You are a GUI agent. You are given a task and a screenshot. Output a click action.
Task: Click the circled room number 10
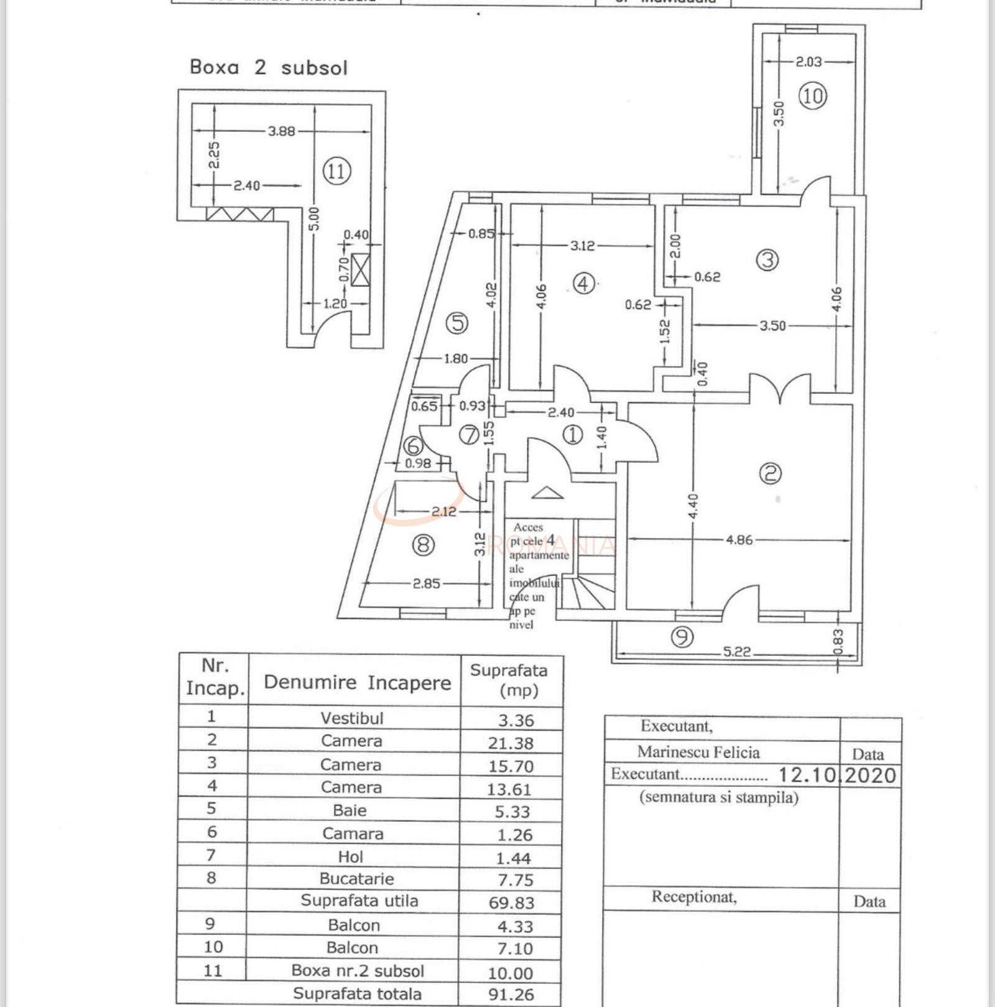(x=812, y=96)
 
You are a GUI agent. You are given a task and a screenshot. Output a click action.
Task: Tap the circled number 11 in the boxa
(x=336, y=170)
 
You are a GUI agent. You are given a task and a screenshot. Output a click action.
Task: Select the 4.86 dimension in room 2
(x=739, y=540)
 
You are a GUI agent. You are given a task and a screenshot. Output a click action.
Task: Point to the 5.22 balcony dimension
(x=736, y=652)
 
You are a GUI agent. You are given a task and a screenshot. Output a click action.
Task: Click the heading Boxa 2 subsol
(x=268, y=67)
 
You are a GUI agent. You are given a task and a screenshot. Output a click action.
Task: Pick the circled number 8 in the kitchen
(x=423, y=545)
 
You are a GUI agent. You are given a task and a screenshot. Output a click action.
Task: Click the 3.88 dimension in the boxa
(x=281, y=131)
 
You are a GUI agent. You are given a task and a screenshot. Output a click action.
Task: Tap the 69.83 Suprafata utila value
(x=511, y=903)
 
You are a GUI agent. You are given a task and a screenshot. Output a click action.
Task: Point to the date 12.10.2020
(x=837, y=775)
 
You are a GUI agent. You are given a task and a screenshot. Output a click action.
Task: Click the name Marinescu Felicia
(x=698, y=753)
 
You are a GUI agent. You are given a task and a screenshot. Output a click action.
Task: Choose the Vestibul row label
(x=352, y=718)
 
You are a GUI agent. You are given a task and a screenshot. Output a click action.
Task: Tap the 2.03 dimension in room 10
(x=808, y=62)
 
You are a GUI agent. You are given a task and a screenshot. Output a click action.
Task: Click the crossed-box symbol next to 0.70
(x=360, y=270)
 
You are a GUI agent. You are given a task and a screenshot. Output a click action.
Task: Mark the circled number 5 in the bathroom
(x=457, y=323)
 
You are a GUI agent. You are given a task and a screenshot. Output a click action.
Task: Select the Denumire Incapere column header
(x=357, y=682)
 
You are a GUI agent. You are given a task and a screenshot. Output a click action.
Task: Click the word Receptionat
(x=694, y=897)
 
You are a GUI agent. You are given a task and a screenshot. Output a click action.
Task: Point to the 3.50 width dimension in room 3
(x=772, y=325)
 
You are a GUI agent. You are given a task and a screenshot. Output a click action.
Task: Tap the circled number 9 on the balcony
(x=682, y=637)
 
